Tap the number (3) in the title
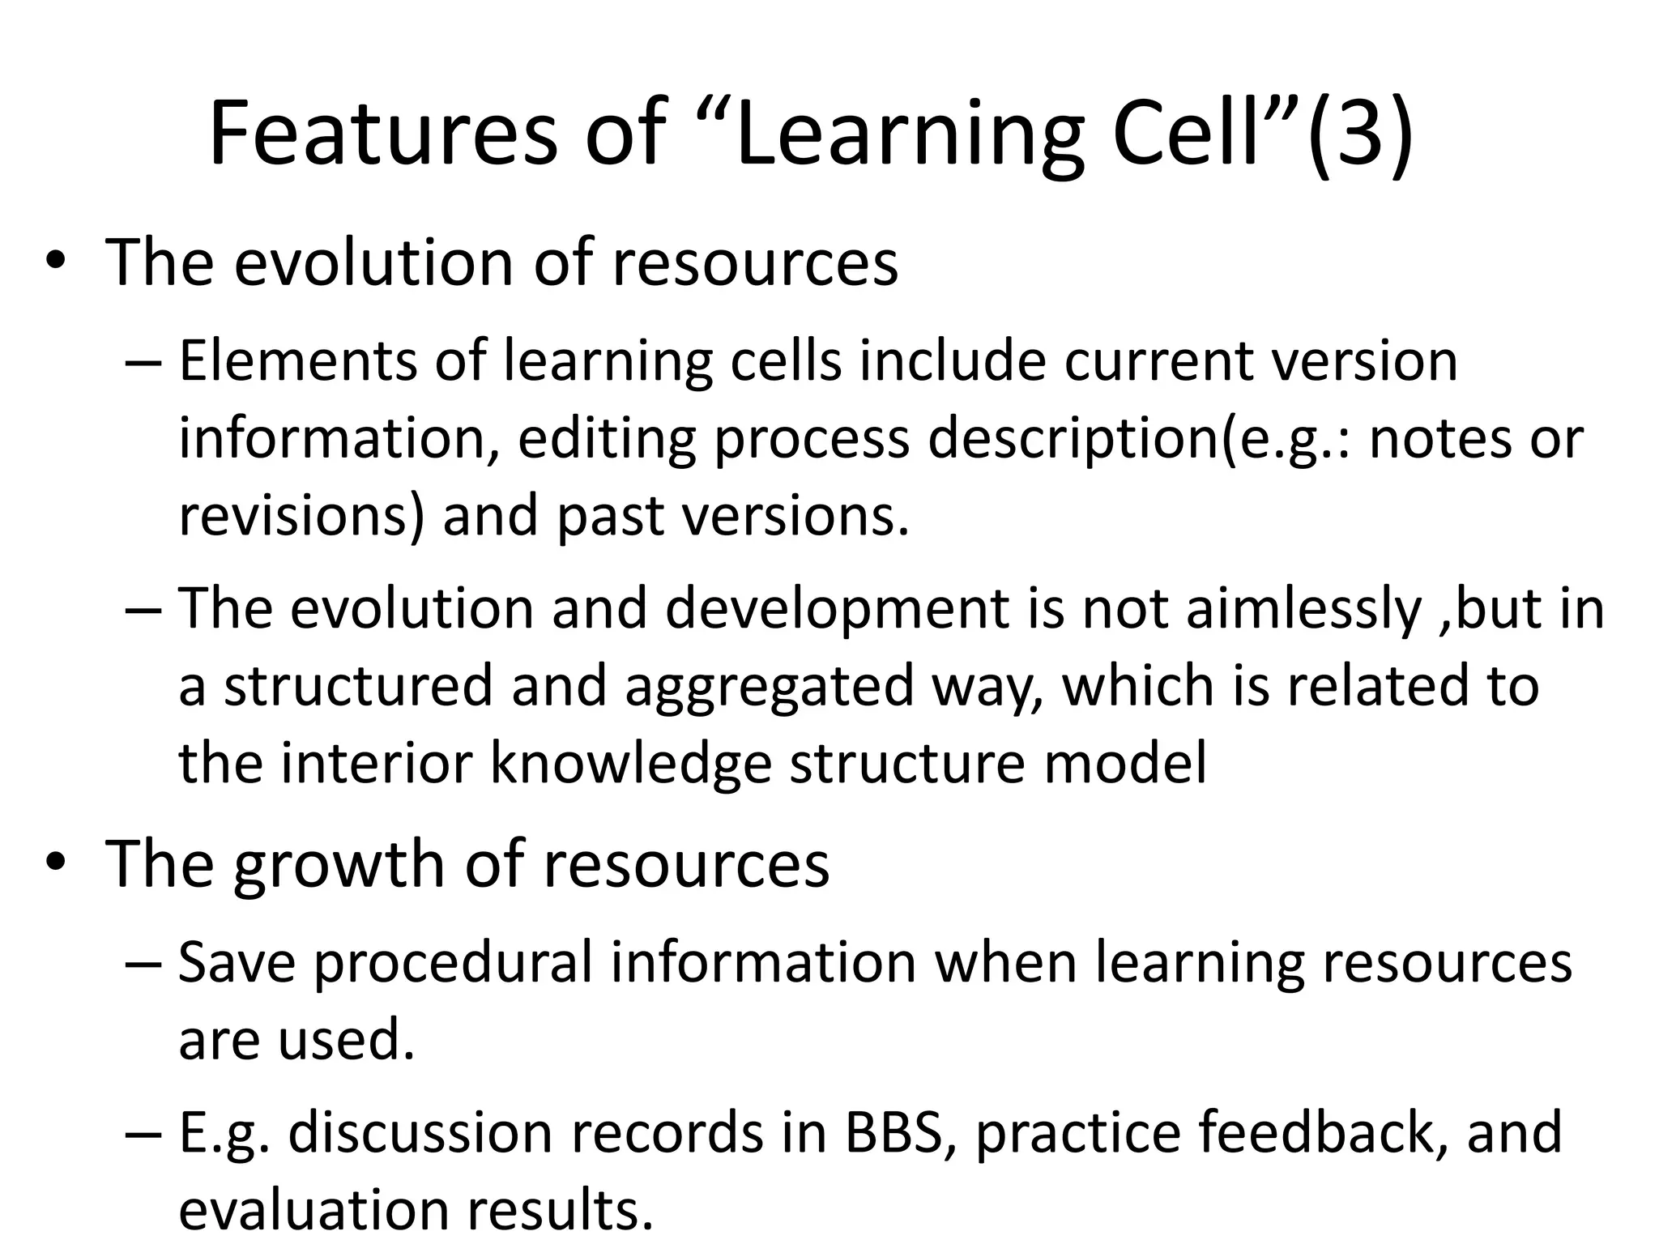coord(1360,134)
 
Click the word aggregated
coord(770,686)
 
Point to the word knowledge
coord(631,764)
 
